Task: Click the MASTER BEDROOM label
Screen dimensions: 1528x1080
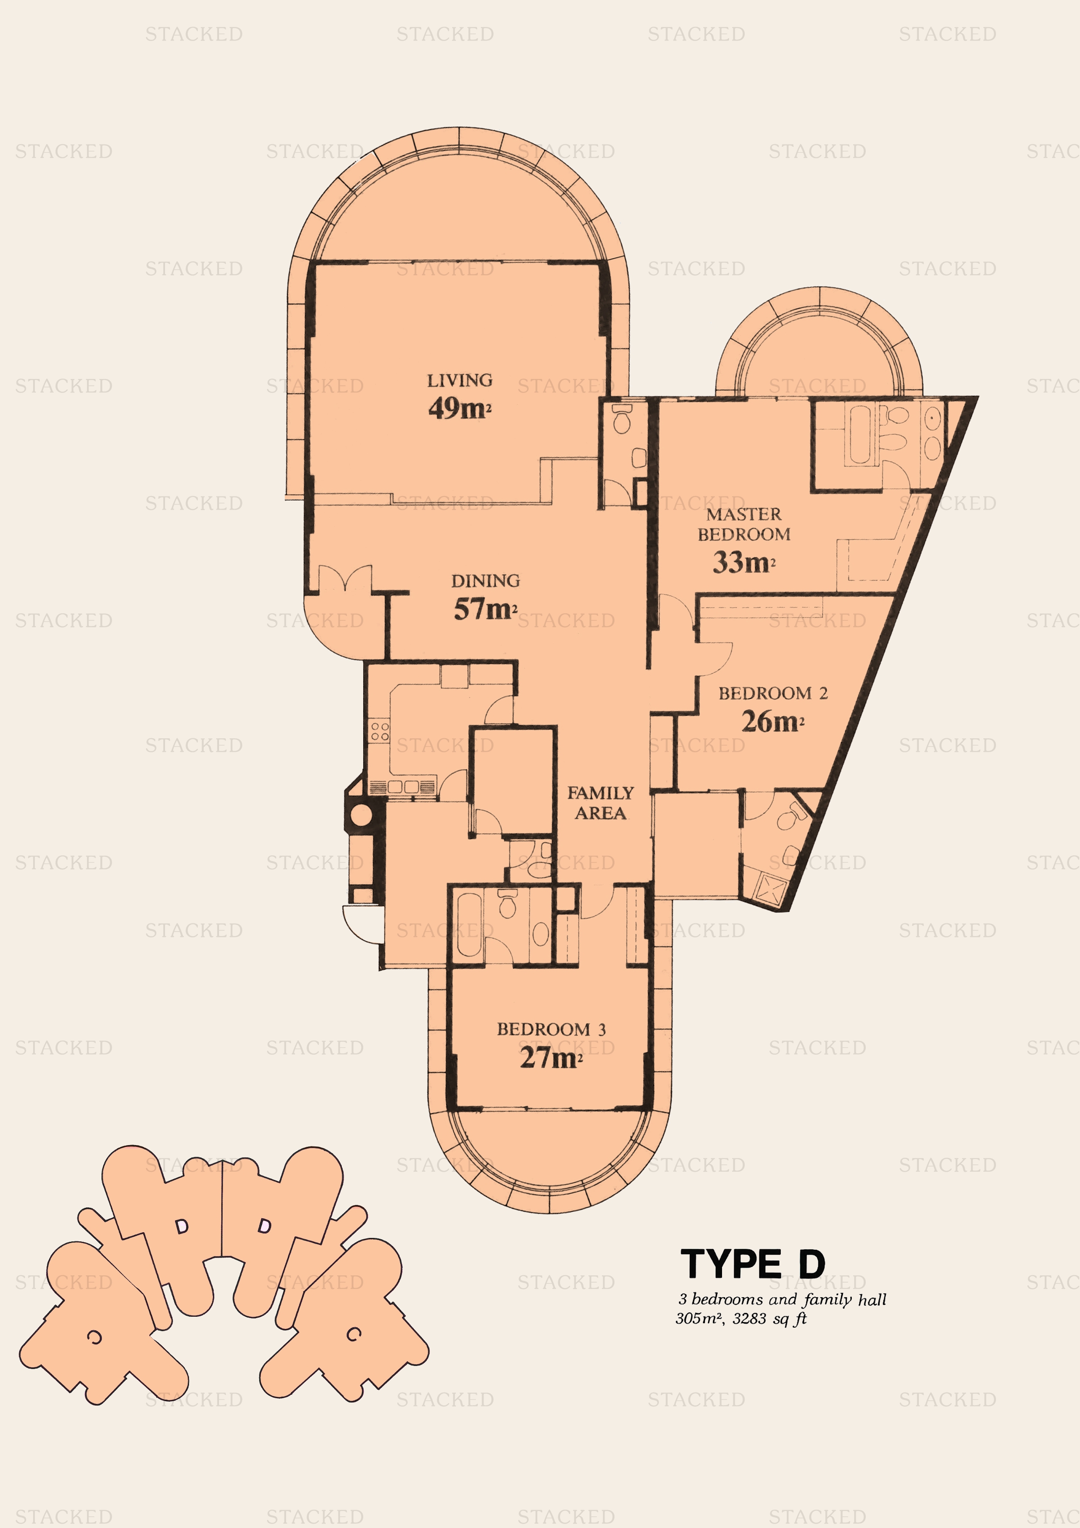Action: [744, 524]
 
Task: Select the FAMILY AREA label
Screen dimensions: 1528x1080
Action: [600, 803]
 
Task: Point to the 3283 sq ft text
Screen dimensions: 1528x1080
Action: [770, 1318]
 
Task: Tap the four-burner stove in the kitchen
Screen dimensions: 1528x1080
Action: [380, 731]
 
